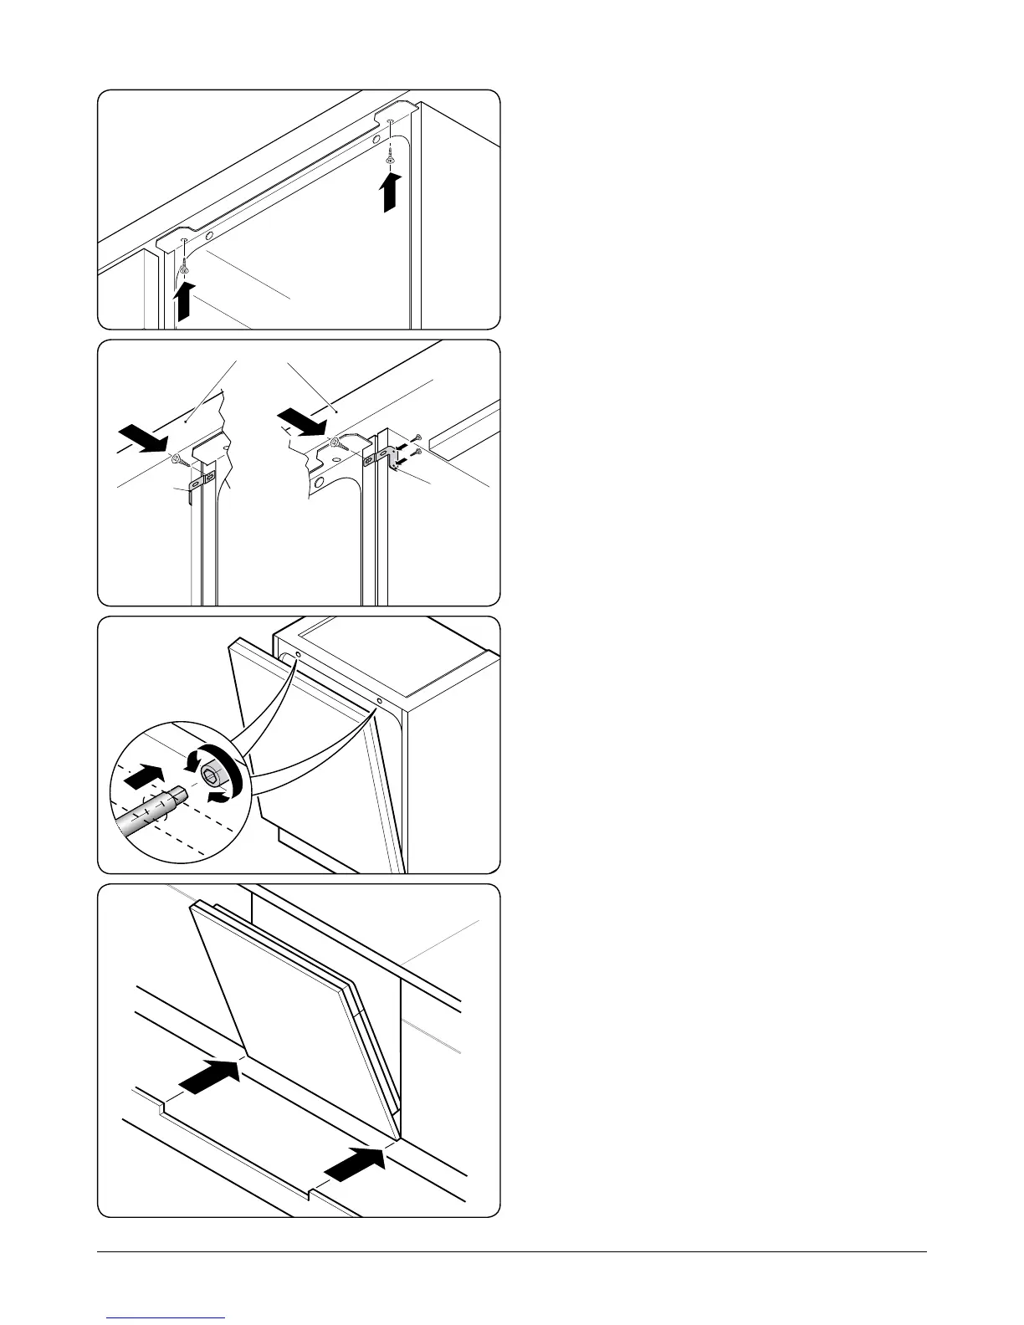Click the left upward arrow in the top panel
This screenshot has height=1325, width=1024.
[185, 302]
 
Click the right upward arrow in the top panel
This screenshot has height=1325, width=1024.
[389, 192]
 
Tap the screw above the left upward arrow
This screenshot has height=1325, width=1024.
[183, 269]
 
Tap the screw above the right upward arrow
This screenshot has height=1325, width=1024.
[390, 159]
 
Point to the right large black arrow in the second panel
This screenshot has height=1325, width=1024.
[301, 421]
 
